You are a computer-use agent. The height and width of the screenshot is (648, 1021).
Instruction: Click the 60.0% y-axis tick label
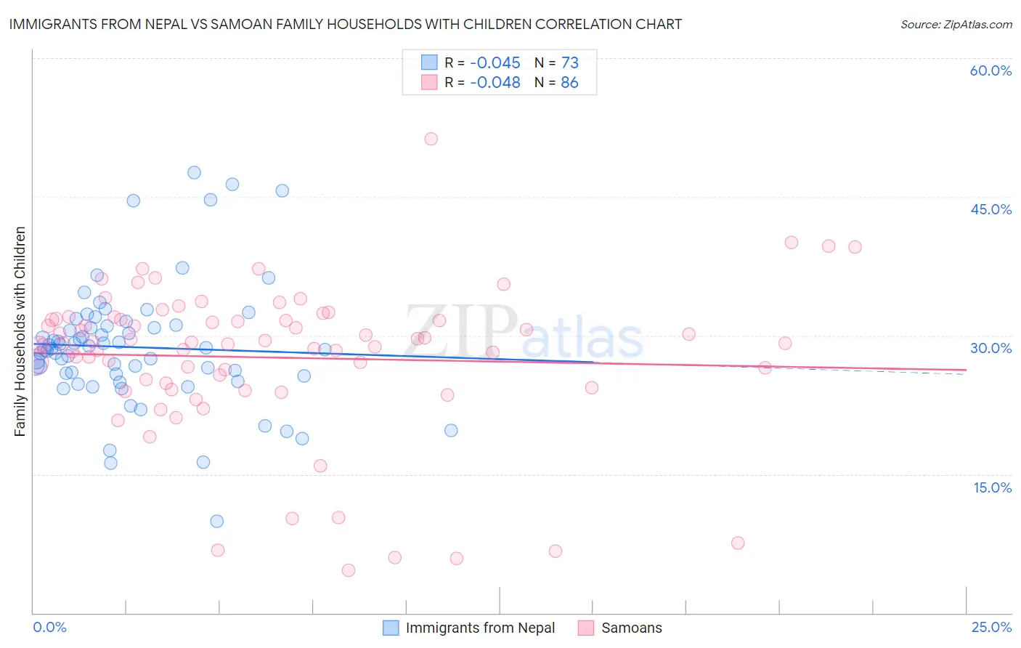[x=991, y=70]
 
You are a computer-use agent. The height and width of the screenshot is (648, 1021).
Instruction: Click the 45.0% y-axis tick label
[x=991, y=209]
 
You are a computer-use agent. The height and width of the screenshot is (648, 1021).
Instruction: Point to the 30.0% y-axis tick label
[x=991, y=348]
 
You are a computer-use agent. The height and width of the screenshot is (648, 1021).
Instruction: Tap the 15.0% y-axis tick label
[x=992, y=487]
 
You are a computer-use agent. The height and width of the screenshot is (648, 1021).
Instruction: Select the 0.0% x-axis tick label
[x=50, y=627]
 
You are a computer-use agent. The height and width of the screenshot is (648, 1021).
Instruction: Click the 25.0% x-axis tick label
[x=991, y=627]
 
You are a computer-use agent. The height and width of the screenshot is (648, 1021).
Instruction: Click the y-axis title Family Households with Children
[x=20, y=331]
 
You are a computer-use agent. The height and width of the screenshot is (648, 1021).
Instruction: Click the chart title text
[x=346, y=24]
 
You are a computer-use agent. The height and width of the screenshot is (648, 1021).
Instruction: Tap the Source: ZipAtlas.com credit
[x=956, y=24]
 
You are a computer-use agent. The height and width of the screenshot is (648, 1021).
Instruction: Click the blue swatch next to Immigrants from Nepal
[x=391, y=628]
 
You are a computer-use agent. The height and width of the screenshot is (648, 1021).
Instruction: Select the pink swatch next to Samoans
[x=586, y=628]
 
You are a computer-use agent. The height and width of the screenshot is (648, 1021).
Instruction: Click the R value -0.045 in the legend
[x=495, y=63]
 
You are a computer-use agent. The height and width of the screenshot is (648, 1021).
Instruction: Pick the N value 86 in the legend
[x=569, y=83]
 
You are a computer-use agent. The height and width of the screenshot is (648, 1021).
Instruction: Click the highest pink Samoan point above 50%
[x=431, y=139]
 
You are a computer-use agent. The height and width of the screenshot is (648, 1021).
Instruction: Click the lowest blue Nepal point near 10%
[x=216, y=521]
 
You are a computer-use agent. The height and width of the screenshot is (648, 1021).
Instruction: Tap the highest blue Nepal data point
[x=194, y=172]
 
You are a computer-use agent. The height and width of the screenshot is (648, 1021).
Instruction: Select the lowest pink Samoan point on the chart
[x=348, y=570]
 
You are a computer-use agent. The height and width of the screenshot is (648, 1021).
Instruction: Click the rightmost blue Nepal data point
[x=451, y=430]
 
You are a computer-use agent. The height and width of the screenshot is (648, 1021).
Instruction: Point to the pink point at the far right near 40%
[x=855, y=247]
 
